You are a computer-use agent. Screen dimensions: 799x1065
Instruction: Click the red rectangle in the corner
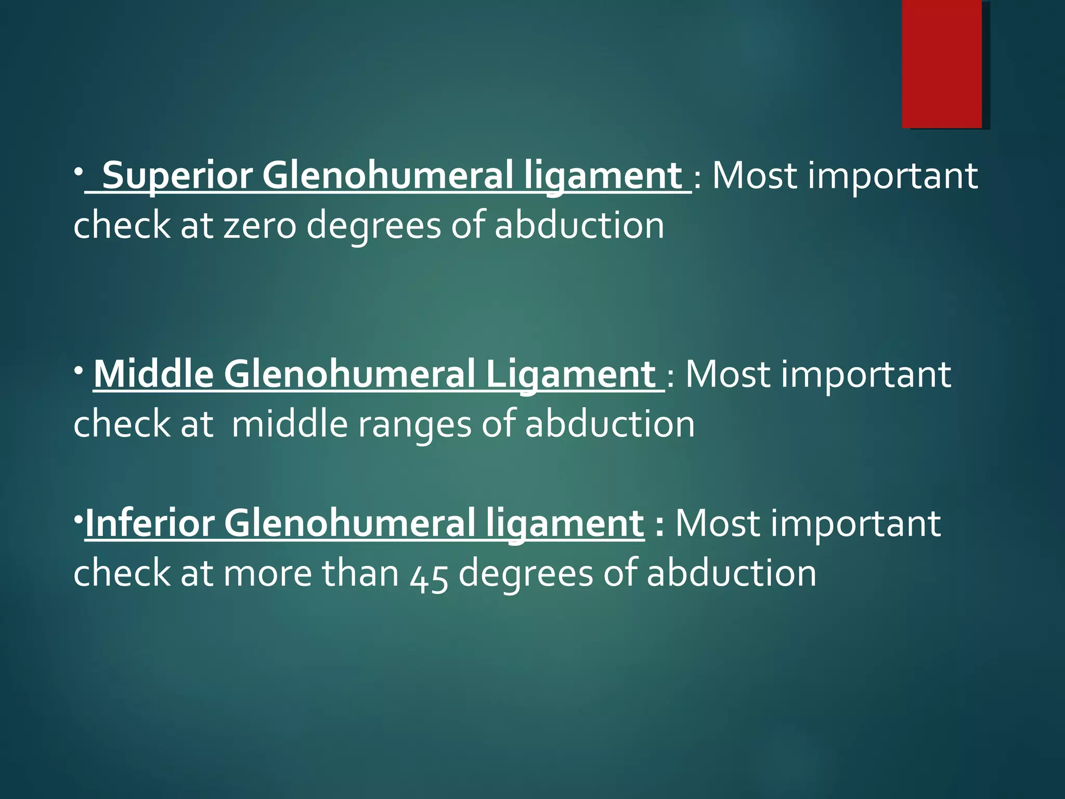point(942,63)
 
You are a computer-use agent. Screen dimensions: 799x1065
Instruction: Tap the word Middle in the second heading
point(153,374)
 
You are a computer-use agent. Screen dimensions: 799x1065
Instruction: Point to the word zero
point(260,226)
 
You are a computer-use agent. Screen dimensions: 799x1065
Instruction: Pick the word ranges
point(414,424)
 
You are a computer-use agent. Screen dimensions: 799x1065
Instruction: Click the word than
point(360,573)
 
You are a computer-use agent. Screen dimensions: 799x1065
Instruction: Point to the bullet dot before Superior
point(77,171)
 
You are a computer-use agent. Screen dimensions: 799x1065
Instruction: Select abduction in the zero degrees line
point(579,226)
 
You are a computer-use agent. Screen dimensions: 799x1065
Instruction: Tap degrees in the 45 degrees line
point(525,574)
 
